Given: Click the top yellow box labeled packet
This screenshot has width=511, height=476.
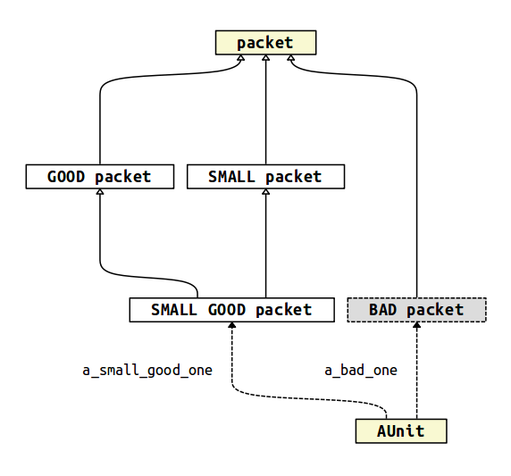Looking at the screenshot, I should tap(265, 42).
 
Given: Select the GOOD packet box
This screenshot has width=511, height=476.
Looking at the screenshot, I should tap(99, 176).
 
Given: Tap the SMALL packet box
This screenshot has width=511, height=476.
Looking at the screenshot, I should tap(265, 176).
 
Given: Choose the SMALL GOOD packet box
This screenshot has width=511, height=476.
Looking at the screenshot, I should tap(231, 310).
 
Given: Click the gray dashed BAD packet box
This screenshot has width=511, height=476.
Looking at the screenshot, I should tap(416, 310).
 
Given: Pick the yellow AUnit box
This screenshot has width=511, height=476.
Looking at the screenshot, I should tap(401, 431).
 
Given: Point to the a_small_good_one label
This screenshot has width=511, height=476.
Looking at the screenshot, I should tap(147, 370).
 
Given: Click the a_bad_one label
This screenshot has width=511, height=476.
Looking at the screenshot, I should tap(360, 370).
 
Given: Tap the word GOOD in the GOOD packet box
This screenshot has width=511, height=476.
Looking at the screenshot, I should tap(67, 176).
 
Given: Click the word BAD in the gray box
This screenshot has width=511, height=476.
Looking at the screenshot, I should tap(382, 310).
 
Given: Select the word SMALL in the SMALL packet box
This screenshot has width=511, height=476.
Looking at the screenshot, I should tap(232, 176).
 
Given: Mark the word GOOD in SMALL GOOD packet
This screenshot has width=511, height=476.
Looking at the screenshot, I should tap(227, 310).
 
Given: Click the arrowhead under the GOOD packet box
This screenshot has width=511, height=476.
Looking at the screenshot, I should tap(99, 193).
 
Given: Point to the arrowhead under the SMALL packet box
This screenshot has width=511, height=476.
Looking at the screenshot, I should tap(265, 193).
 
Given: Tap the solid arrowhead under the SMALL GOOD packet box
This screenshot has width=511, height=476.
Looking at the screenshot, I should tap(231, 327).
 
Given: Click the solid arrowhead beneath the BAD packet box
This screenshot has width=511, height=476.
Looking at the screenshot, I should tap(416, 327).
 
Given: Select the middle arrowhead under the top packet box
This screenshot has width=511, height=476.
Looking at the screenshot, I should tap(265, 58).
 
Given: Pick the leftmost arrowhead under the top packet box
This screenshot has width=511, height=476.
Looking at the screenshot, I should tap(241, 58).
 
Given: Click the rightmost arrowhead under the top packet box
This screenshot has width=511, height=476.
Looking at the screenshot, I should tap(290, 58).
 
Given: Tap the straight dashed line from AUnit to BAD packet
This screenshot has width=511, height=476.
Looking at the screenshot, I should tap(416, 375).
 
